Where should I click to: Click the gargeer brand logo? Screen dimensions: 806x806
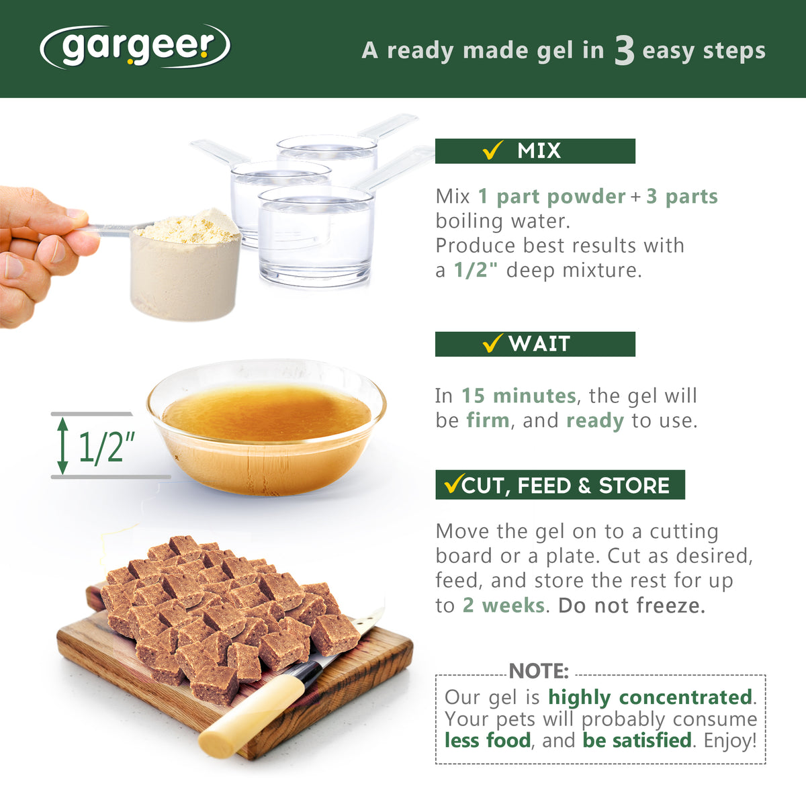(x=135, y=47)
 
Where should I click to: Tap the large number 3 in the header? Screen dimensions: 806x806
(x=624, y=50)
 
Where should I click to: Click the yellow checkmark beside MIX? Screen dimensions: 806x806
(x=493, y=150)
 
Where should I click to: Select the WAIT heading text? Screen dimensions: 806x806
(x=539, y=344)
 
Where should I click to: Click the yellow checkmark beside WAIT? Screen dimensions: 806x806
(x=493, y=343)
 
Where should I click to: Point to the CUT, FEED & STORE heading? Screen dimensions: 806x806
(x=566, y=486)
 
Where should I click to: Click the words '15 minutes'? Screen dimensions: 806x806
(x=519, y=396)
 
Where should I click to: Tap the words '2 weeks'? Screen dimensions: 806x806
(x=504, y=605)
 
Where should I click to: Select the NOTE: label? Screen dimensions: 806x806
(x=539, y=671)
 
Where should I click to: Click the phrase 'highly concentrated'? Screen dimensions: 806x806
(x=650, y=698)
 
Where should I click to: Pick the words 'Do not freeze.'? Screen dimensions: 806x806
(x=631, y=605)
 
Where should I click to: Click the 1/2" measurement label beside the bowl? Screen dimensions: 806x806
(x=107, y=447)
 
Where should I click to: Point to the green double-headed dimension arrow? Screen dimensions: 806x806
(x=62, y=445)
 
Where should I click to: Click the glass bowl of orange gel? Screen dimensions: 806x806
(x=267, y=427)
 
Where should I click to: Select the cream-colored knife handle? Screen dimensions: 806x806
(x=251, y=716)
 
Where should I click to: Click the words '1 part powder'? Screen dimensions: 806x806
(x=551, y=197)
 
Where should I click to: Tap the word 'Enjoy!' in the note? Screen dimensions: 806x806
(x=730, y=741)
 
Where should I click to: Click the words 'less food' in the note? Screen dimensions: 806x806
(x=488, y=740)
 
